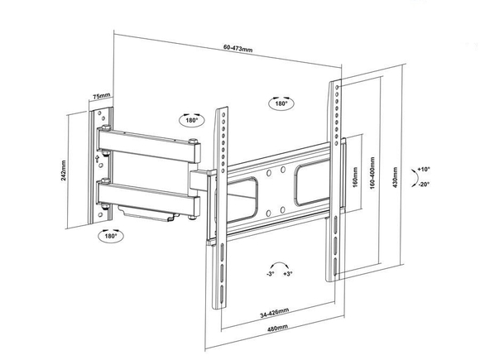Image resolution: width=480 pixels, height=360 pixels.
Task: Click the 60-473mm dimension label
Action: (238, 48)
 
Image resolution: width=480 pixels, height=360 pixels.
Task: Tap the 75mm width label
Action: (101, 96)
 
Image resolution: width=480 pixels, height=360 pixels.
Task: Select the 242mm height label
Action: (64, 170)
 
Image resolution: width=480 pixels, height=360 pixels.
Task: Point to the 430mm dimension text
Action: (395, 177)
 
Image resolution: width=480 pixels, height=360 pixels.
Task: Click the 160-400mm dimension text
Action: (372, 173)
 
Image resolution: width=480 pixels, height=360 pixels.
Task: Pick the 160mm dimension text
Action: (355, 178)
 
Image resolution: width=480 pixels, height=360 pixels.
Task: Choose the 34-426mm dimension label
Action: (275, 313)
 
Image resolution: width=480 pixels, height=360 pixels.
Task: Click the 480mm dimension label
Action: (277, 328)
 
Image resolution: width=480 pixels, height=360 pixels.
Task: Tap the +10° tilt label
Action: (424, 169)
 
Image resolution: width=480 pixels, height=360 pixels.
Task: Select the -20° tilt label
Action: (425, 184)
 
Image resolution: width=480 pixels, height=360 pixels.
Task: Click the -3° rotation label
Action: (270, 273)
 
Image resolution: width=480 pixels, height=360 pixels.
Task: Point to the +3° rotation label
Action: (288, 273)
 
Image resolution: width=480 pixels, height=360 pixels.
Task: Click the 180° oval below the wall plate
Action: (111, 236)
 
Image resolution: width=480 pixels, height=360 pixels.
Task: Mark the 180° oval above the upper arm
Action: (192, 120)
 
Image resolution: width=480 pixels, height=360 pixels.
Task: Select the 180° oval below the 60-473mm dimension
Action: (281, 103)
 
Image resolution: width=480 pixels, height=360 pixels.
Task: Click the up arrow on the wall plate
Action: (98, 159)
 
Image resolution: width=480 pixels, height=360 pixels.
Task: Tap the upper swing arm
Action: (149, 145)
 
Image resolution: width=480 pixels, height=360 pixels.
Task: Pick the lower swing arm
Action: (148, 198)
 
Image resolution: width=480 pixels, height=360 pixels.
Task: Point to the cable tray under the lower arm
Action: (147, 214)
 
